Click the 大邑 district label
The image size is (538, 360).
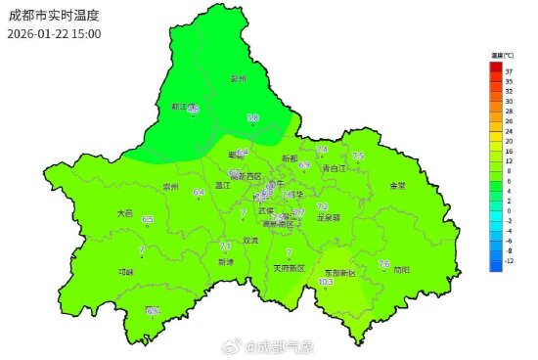[124, 212]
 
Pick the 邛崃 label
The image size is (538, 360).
[125, 272]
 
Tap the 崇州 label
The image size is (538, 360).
[172, 186]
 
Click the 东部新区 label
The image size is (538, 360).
[345, 271]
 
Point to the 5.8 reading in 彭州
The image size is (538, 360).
[252, 117]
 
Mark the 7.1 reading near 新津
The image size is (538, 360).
[225, 247]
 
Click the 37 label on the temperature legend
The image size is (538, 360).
[509, 71]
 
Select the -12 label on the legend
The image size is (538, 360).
[509, 261]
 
